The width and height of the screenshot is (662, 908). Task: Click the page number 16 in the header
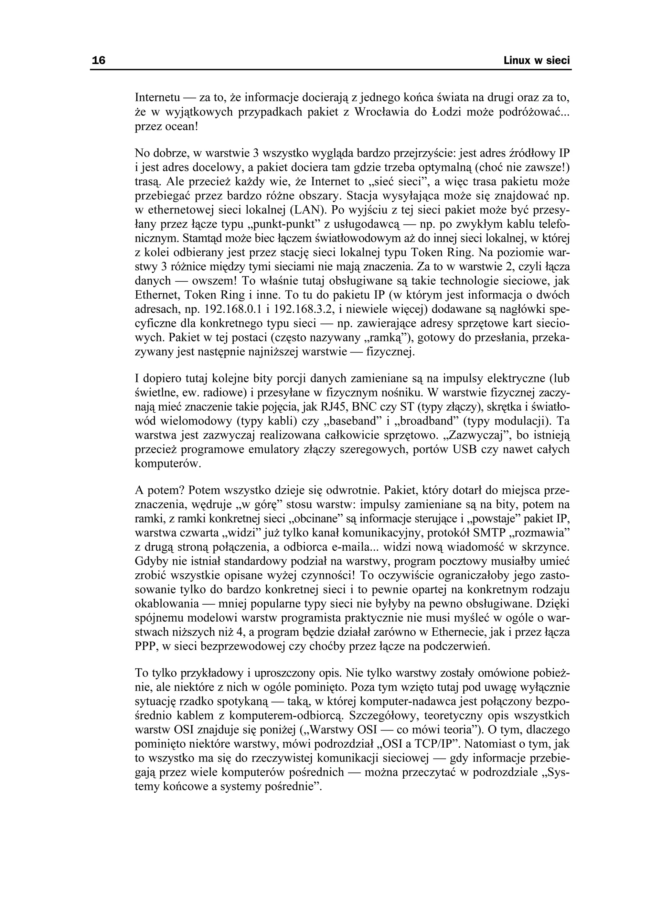99,61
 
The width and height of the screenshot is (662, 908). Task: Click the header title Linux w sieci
537,61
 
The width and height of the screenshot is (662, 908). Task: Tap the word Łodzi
445,112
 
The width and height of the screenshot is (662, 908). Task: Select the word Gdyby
149,562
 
